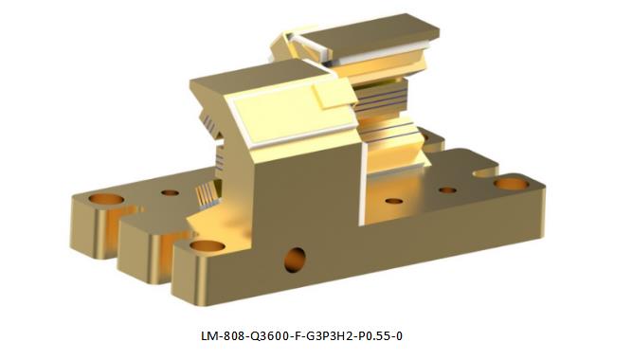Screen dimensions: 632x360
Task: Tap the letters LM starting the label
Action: pos(209,335)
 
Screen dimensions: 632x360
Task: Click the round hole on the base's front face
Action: pos(295,260)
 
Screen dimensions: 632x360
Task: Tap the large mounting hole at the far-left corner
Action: pos(106,199)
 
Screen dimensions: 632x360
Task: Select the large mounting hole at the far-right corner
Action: pos(511,184)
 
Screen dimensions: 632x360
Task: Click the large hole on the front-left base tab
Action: pos(208,245)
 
